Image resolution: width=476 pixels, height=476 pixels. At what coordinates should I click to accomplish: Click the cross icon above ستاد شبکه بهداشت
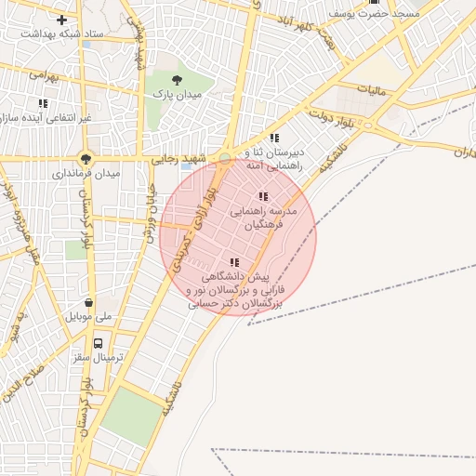click(62, 20)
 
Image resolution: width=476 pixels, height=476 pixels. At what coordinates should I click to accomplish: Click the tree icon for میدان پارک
click(177, 80)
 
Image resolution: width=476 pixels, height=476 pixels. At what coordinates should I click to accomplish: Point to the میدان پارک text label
click(177, 96)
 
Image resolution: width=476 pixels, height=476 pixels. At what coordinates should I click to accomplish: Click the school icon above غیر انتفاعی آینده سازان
click(42, 103)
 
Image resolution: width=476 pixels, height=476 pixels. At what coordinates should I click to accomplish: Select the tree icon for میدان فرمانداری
click(87, 158)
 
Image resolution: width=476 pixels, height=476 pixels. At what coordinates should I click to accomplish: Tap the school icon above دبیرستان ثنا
click(273, 138)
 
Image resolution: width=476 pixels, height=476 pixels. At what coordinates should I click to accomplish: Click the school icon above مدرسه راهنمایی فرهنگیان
click(264, 196)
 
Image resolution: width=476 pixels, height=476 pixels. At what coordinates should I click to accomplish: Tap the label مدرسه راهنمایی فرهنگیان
click(268, 218)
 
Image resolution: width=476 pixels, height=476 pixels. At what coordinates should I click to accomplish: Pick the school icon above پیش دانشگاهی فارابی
click(233, 262)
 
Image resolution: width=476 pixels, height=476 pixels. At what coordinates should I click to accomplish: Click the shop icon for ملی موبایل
click(88, 302)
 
